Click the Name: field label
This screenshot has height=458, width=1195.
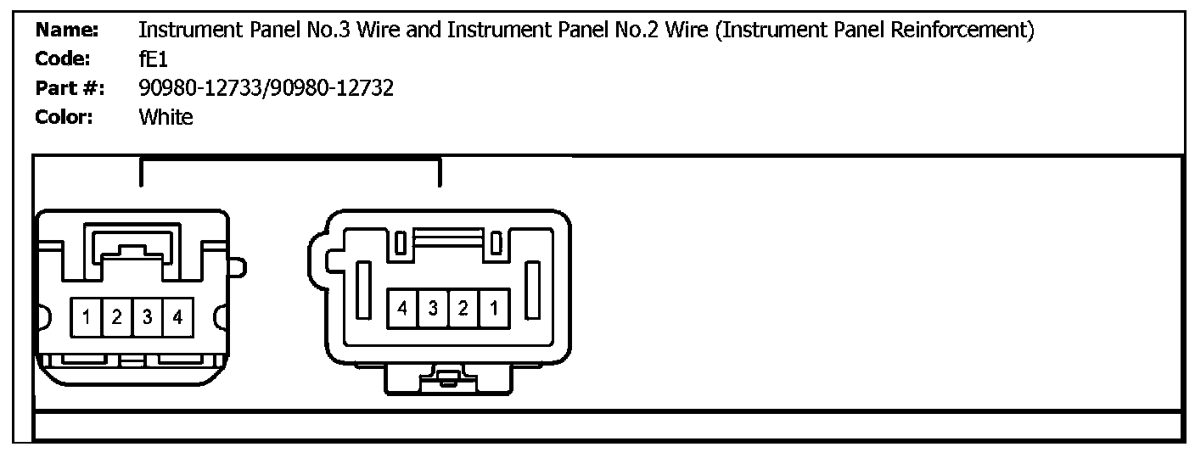tap(67, 31)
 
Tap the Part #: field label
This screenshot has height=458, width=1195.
tap(70, 88)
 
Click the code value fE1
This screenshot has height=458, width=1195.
tap(154, 60)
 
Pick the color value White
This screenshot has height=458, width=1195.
tap(166, 117)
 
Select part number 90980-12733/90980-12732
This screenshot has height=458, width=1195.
tap(266, 88)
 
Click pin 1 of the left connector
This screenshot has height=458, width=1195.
tap(87, 318)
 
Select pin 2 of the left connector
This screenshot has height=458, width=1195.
tap(117, 318)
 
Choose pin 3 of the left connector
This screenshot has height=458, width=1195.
tap(148, 318)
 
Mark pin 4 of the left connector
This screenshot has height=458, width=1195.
tap(177, 318)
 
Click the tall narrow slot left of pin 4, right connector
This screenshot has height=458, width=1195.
tap(363, 290)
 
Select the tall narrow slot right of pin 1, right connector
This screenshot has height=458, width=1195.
tap(534, 290)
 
